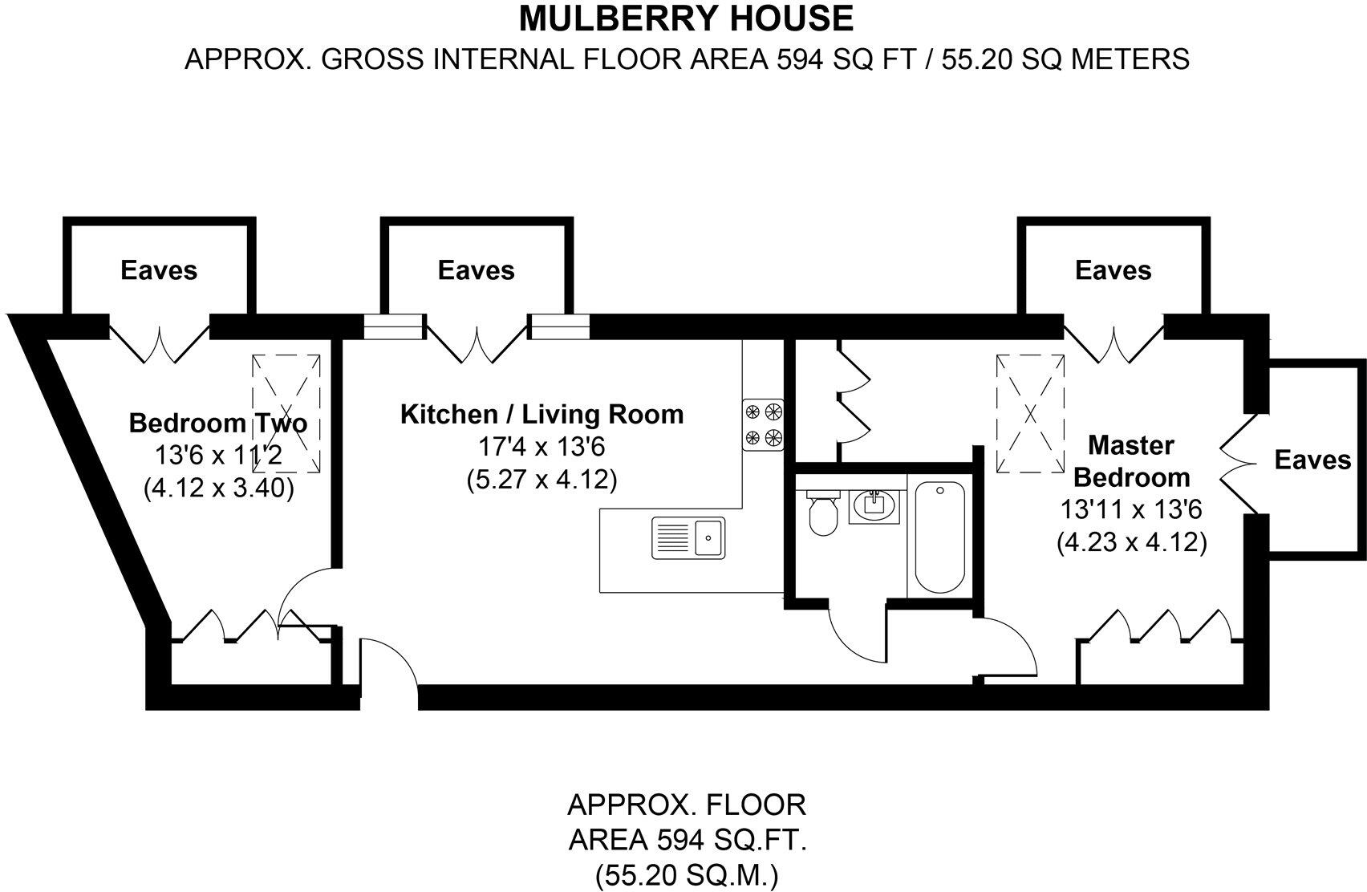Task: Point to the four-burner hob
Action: [x=763, y=425]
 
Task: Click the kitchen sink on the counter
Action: [x=688, y=537]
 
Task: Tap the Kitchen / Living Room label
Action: [x=542, y=415]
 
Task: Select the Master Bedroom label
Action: [x=1131, y=461]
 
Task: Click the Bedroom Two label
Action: [x=218, y=423]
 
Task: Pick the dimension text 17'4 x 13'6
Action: [x=542, y=447]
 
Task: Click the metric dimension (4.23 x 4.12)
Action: [x=1131, y=543]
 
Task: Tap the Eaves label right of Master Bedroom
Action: [x=1312, y=460]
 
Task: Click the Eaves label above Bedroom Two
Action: [x=159, y=270]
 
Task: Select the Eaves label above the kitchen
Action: [x=476, y=270]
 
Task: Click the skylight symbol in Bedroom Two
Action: [x=286, y=414]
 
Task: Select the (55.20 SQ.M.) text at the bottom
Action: [x=687, y=874]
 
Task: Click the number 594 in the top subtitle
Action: [x=797, y=59]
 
